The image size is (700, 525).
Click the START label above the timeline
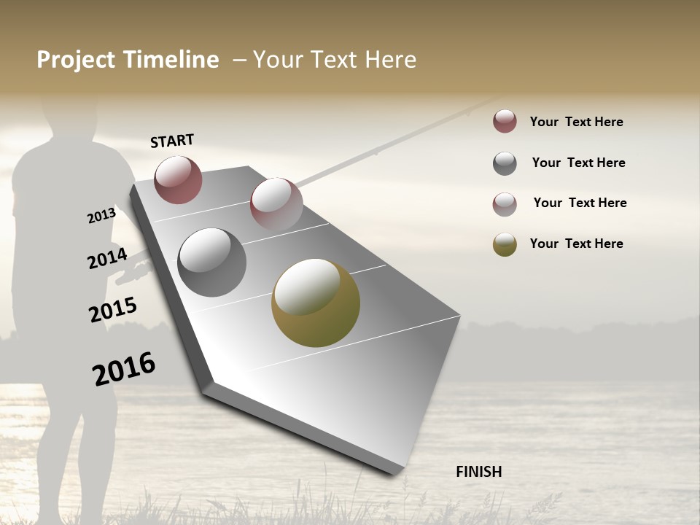tap(172, 141)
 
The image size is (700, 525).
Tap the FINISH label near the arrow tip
tap(479, 472)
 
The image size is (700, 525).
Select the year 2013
tap(102, 215)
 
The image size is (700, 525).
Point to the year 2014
tap(107, 258)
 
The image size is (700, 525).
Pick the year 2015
tap(113, 310)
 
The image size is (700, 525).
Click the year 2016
tap(124, 368)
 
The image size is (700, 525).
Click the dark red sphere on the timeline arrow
tap(178, 179)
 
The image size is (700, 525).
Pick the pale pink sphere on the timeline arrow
tap(276, 203)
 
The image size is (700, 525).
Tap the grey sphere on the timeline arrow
tap(211, 262)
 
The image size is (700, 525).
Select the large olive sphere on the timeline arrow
tap(316, 303)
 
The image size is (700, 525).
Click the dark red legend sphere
tap(505, 121)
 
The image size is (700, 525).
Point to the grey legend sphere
tap(505, 163)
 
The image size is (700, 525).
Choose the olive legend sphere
tap(505, 244)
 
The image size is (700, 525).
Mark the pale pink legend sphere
tap(505, 204)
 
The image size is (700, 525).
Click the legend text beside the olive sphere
tap(576, 244)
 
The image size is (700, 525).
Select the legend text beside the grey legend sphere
tap(578, 163)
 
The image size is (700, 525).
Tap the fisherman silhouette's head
tap(69, 117)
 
